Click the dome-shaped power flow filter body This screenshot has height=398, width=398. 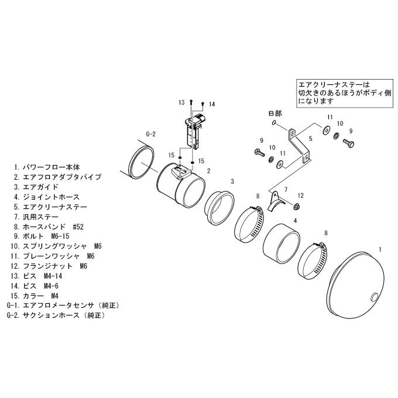click(x=355, y=284)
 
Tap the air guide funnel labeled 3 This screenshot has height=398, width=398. click(x=219, y=208)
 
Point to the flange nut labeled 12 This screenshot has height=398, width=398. click(x=296, y=207)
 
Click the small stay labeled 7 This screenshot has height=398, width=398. click(x=275, y=201)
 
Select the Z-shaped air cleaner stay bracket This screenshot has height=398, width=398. click(x=299, y=146)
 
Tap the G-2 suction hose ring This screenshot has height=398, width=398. click(x=142, y=163)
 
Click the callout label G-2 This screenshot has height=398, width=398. click(x=150, y=134)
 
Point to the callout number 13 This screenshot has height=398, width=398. click(x=181, y=102)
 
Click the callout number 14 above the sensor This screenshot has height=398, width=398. click(x=212, y=104)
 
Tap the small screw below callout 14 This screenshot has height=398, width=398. click(x=203, y=104)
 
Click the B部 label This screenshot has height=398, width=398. click(x=275, y=113)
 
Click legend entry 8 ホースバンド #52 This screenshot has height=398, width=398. click(x=49, y=227)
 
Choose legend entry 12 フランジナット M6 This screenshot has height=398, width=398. click(x=49, y=266)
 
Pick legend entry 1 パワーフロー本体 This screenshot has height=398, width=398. click(x=47, y=167)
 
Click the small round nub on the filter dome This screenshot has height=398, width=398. click(x=375, y=297)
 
